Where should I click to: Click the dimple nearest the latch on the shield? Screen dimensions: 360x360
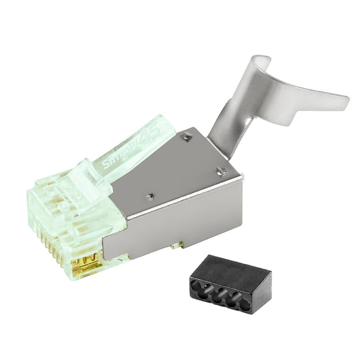(150, 196)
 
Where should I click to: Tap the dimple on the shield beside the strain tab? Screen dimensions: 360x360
(186, 137)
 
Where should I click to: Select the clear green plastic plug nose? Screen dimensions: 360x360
(64, 209)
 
